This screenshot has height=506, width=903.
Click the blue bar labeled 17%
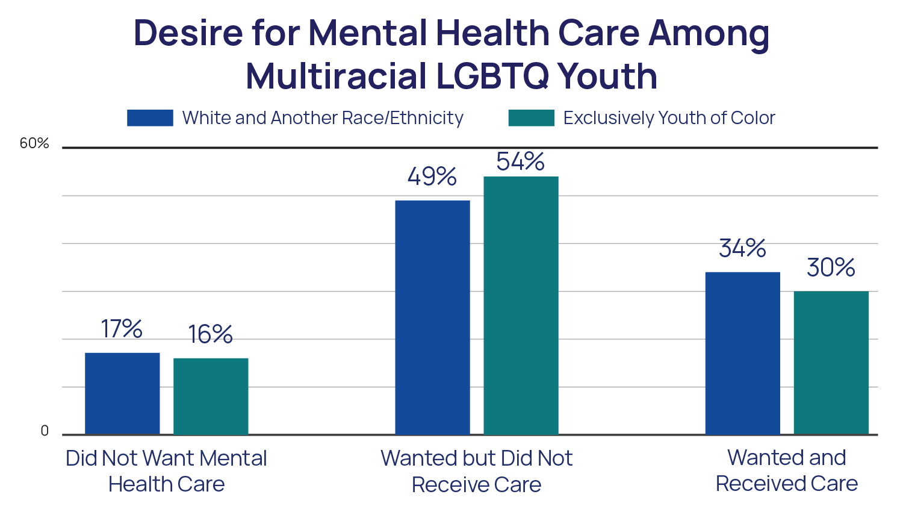click(x=122, y=393)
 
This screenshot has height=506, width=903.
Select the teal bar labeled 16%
click(x=211, y=396)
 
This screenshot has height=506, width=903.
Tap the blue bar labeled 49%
click(x=432, y=317)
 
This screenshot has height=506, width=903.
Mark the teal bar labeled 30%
click(x=831, y=363)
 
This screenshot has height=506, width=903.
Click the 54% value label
click(x=521, y=161)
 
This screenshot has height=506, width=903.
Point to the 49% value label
click(x=432, y=176)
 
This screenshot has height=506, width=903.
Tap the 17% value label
click(x=122, y=329)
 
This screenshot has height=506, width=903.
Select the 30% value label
click(x=831, y=267)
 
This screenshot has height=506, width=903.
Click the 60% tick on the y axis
click(x=34, y=143)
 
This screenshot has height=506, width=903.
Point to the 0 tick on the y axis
click(x=45, y=431)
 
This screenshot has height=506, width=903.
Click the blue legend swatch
click(x=150, y=118)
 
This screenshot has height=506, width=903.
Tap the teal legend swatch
click(x=531, y=118)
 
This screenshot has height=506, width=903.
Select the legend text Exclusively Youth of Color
click(x=669, y=118)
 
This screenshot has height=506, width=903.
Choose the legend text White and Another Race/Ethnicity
click(x=323, y=118)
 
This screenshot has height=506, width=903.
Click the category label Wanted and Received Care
click(x=787, y=470)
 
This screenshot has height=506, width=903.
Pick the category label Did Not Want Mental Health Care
click(x=166, y=470)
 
